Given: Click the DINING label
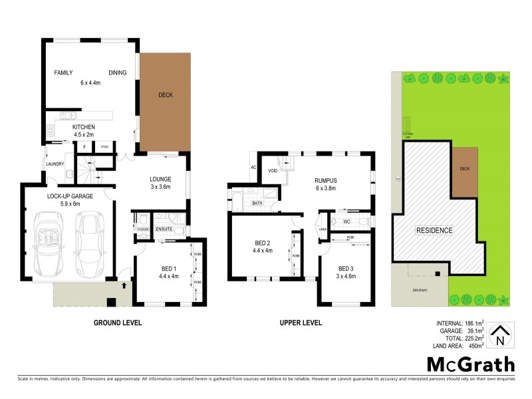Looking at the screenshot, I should click(117, 73).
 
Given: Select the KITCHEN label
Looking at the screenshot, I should click(84, 127).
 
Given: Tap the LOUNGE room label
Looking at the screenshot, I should click(160, 179).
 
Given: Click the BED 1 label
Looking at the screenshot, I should click(169, 269).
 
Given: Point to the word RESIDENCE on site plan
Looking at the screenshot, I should click(434, 231).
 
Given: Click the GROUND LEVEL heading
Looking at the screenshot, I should click(118, 323).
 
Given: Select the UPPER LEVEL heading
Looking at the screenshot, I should click(300, 323).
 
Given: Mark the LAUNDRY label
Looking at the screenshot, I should click(55, 164).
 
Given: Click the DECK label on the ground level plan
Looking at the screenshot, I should click(166, 95).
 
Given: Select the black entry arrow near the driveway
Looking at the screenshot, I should click(124, 285).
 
